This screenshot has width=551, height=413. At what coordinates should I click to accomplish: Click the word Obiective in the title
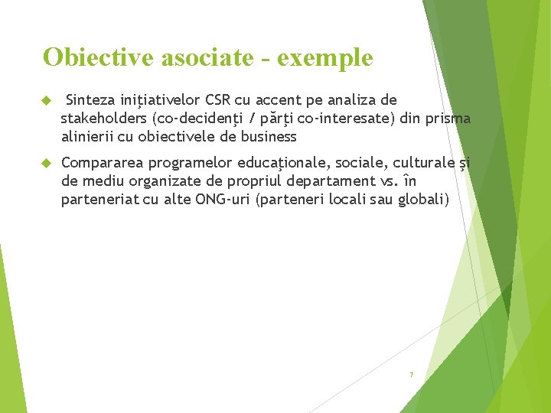pyautogui.click(x=90, y=57)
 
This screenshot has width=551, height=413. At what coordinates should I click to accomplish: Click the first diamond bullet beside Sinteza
pyautogui.click(x=46, y=101)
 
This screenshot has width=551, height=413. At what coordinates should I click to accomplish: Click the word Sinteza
pyautogui.click(x=92, y=100)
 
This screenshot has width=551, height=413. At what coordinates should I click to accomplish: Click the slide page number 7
pyautogui.click(x=411, y=375)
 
